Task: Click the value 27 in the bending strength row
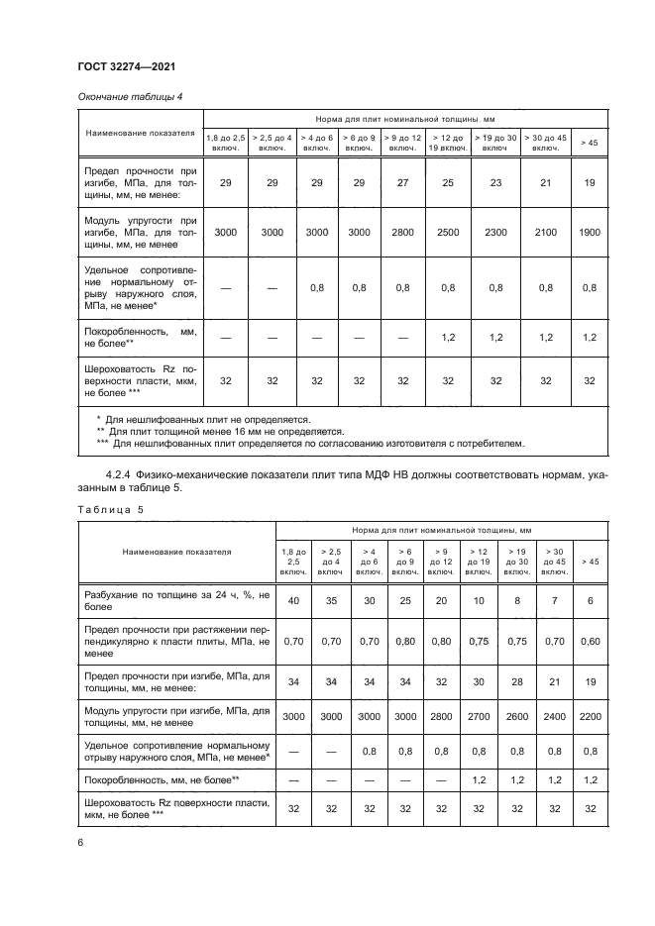(402, 183)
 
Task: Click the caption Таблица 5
(111, 509)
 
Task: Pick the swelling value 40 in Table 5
(293, 600)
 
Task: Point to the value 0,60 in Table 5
(590, 641)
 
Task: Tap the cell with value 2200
(590, 714)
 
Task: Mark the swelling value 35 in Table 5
(332, 600)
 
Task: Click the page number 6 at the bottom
(79, 843)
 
